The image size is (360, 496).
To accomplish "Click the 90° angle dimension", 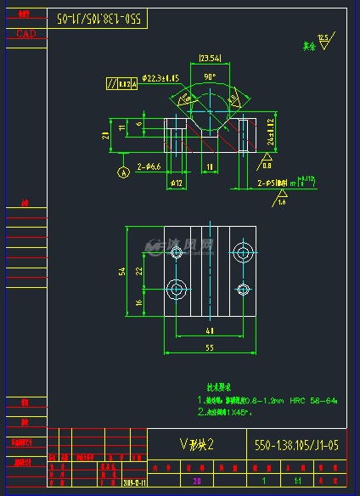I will point(208,76).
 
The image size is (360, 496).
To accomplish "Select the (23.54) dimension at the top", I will point(209,58).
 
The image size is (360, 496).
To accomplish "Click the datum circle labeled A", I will point(122,172).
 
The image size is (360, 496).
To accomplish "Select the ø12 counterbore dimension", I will point(177,182).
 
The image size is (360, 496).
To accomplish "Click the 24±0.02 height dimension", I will point(270,132).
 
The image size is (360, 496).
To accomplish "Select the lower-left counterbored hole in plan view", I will point(177,289).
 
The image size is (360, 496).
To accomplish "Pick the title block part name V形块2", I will point(197,444).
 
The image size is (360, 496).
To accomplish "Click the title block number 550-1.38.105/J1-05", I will point(297,444).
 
